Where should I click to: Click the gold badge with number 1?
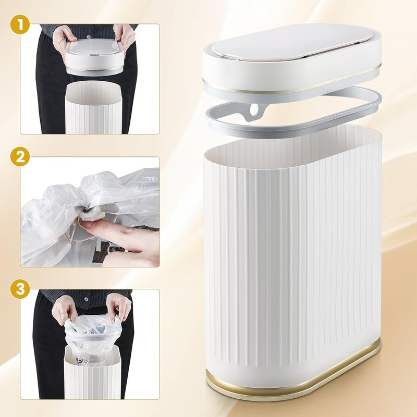tap(20, 24)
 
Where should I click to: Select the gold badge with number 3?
tap(20, 289)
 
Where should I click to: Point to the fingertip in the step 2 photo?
tap(84, 225)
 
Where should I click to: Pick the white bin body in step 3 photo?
tap(92, 375)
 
